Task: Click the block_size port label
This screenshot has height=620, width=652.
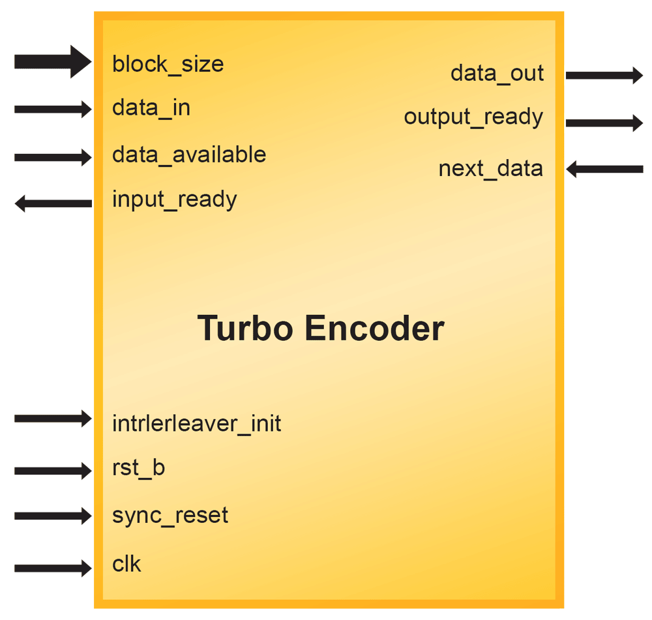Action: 168,64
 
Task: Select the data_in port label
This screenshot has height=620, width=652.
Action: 151,108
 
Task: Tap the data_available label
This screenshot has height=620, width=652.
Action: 189,155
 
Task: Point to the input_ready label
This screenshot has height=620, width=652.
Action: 174,199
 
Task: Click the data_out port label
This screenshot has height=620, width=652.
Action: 497,73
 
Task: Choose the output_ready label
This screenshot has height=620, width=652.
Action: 473,117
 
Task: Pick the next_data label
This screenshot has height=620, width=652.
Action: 490,169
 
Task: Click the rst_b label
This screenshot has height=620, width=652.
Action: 138,468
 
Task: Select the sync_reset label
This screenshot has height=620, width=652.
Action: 170,516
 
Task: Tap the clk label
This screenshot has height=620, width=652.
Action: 126,563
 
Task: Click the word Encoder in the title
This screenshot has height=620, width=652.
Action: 374,328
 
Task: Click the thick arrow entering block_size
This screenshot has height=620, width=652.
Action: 52,62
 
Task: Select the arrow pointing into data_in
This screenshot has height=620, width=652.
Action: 52,109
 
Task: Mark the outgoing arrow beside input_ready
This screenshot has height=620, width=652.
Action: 52,203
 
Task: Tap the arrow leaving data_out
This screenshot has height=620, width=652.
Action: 604,75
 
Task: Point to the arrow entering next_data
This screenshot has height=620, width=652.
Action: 604,170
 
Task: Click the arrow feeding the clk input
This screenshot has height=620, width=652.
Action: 52,568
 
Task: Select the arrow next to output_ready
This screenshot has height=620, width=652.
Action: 604,122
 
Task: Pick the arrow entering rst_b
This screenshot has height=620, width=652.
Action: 52,470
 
